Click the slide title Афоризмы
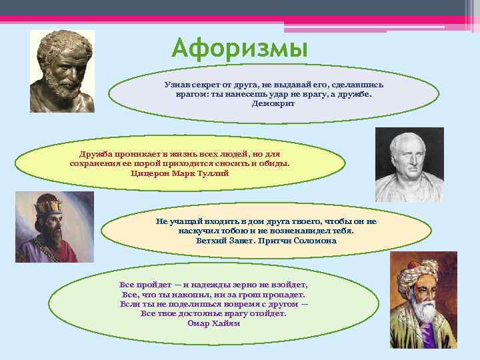[239, 49]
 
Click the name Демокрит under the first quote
[273, 104]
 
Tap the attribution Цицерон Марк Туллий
[180, 173]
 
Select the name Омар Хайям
[213, 323]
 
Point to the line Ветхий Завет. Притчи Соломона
[266, 240]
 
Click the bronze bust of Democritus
[65, 67]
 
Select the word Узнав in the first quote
[177, 85]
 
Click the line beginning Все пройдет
[213, 285]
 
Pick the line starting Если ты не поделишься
[213, 303]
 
